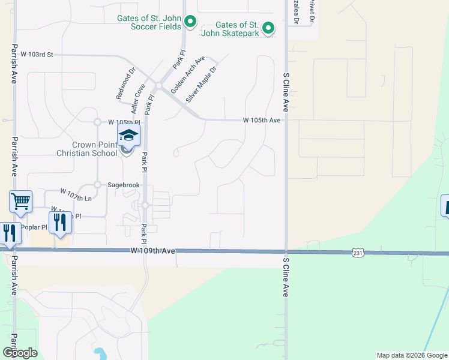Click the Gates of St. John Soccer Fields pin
pos(190,23)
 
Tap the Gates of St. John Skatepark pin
pos(268,28)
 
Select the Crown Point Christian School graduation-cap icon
pos(128,135)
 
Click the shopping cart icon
pos(20,201)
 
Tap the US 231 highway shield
pos(358,253)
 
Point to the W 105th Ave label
pos(262,120)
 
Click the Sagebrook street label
pos(123,185)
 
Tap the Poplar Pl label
pos(34,227)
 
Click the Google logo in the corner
pos(20,353)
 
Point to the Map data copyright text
pos(412,355)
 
